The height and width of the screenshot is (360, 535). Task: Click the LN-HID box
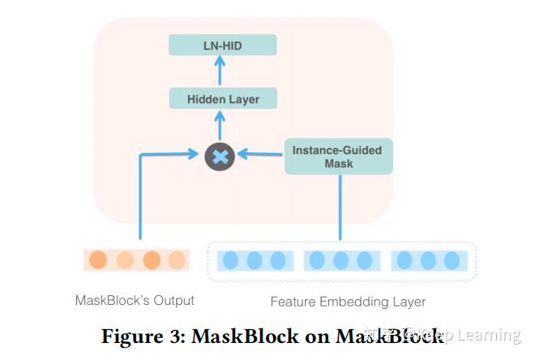[x=223, y=45]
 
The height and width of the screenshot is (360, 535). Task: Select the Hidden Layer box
[x=223, y=99]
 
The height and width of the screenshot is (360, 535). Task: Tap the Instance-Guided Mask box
[x=338, y=156]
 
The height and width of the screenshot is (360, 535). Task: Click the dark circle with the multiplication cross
[x=220, y=156]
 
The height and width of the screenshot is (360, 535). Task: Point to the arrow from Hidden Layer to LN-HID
[x=220, y=72]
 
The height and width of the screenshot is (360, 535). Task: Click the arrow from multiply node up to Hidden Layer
[x=220, y=126]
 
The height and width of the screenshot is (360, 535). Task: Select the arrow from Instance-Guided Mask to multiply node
[x=259, y=154]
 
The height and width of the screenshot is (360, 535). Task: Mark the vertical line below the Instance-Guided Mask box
[x=340, y=207]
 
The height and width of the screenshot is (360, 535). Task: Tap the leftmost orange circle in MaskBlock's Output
[x=98, y=260]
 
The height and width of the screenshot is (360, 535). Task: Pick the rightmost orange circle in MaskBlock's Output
[x=177, y=260]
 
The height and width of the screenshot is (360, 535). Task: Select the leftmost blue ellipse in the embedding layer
[x=231, y=260]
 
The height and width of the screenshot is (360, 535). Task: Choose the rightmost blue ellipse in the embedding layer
[x=452, y=260]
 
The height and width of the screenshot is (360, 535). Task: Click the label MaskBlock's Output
[x=135, y=300]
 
